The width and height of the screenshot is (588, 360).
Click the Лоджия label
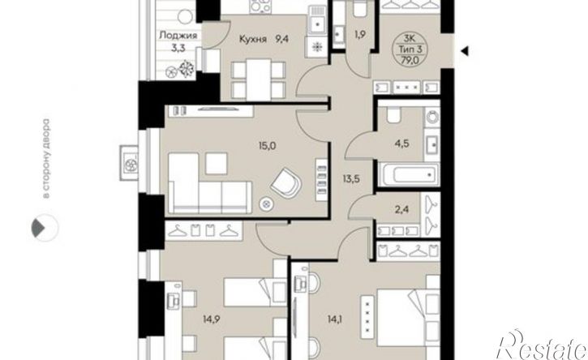coord(178,36)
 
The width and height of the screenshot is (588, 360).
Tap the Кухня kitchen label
coord(253,39)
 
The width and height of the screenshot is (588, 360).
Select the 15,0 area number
coord(268,145)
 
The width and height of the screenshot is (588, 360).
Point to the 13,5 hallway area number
coord(351,179)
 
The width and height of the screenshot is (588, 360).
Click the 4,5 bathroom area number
coord(402,144)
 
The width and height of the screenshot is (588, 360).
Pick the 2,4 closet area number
coord(401,209)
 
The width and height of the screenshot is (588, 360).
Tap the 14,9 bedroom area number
coord(212,319)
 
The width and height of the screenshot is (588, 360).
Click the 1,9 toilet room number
coord(359,35)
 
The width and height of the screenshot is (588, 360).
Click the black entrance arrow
coord(464,51)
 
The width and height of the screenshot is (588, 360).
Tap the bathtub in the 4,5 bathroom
coord(409,174)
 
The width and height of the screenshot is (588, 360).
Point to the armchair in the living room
coord(285,183)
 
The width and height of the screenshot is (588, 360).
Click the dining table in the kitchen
coord(259,79)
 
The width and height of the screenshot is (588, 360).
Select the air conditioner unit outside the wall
coord(130,163)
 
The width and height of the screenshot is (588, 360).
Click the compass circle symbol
coord(45,228)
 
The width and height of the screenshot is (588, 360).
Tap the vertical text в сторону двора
coord(46,159)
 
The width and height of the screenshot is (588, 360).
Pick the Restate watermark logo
coord(542,345)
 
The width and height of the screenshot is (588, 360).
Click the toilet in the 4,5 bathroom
coord(393,115)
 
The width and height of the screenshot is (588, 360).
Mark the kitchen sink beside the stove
coord(318,20)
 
